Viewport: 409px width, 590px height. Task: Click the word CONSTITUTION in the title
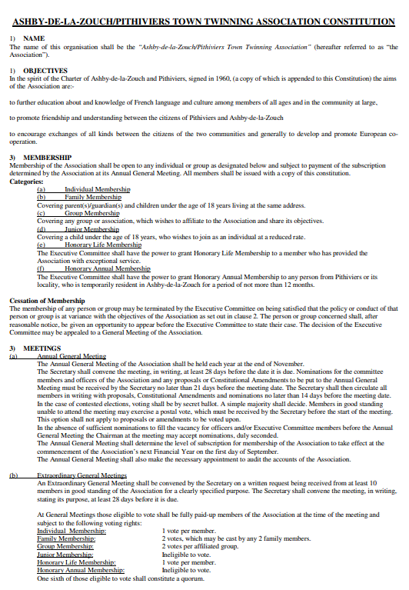coord(344,22)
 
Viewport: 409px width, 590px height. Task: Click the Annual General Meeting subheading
coord(71,356)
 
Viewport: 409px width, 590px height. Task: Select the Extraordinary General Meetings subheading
coord(81,475)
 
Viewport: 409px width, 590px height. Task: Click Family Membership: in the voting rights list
coord(66,538)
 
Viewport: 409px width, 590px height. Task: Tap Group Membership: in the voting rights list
coord(65,546)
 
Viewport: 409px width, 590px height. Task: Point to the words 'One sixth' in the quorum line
coord(51,578)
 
